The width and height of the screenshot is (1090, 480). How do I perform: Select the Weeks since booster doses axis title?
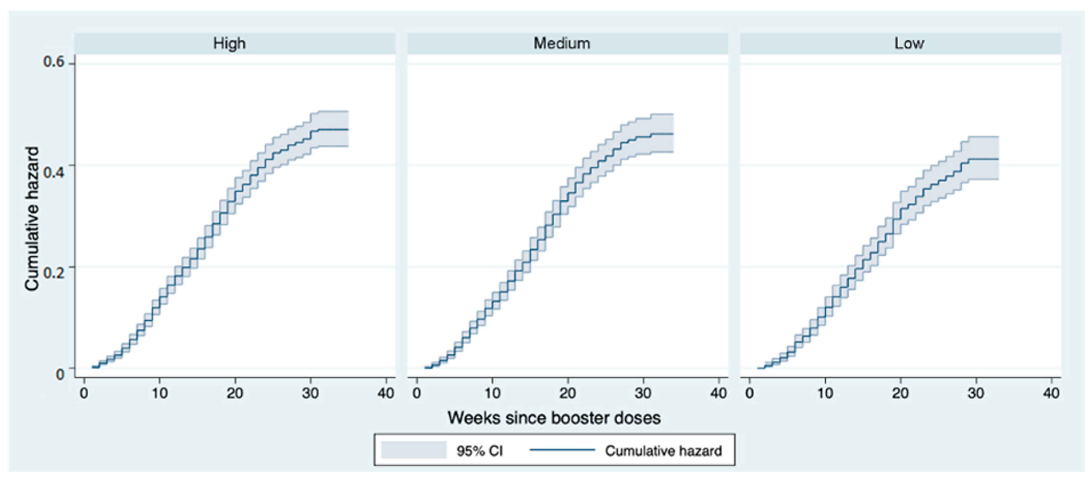pyautogui.click(x=554, y=418)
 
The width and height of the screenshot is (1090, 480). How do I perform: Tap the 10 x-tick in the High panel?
pyautogui.click(x=159, y=393)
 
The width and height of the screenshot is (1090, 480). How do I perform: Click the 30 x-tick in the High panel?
pyautogui.click(x=310, y=393)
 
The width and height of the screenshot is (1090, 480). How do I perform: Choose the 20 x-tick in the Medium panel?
pyautogui.click(x=568, y=393)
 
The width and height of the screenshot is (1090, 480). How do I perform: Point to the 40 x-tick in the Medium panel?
pyautogui.click(x=718, y=393)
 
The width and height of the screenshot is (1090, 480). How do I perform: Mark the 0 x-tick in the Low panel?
pyautogui.click(x=750, y=393)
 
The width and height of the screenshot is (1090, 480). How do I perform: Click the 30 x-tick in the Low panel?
pyautogui.click(x=976, y=393)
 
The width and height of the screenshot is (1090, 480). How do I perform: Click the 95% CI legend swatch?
pyautogui.click(x=413, y=450)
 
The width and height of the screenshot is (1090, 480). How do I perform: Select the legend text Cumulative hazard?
pyautogui.click(x=663, y=451)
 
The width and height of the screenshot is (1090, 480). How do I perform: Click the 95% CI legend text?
pyautogui.click(x=479, y=451)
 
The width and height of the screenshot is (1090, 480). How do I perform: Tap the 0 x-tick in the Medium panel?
pyautogui.click(x=417, y=393)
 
